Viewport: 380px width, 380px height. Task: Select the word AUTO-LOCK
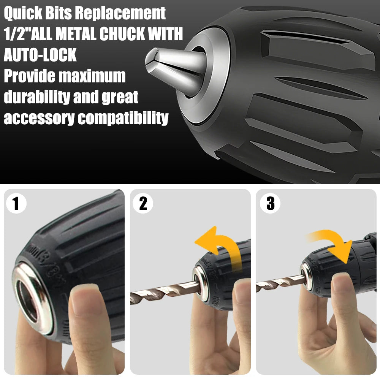pos(40,55)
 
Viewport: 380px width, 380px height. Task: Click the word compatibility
pos(123,118)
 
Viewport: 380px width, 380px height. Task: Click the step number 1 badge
pos(16,204)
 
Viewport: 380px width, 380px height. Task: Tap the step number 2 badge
pos(143,204)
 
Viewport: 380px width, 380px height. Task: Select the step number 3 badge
pos(270,204)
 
